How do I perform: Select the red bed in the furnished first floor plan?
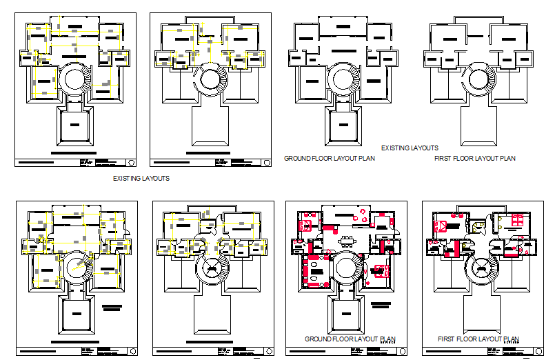pos(442,225)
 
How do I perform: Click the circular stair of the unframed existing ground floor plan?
pos(342,77)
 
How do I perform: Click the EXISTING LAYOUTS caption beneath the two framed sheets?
pos(141,178)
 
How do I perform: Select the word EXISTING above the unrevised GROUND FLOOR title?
pos(396,148)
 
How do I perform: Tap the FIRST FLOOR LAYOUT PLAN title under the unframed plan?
pos(475,159)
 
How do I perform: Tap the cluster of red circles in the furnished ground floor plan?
pos(360,214)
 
